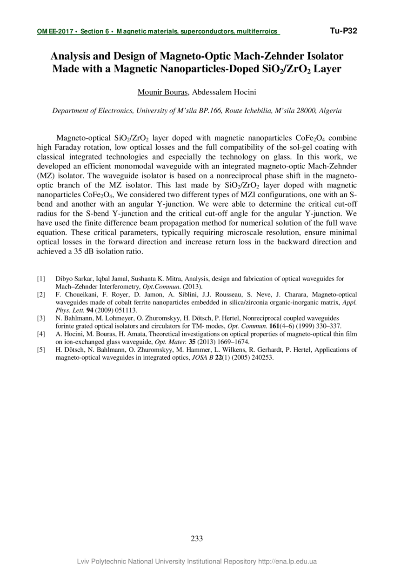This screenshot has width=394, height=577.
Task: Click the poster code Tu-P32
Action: (x=343, y=31)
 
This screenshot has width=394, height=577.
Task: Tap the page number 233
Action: (x=197, y=539)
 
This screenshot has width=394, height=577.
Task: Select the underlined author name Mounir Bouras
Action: (x=162, y=92)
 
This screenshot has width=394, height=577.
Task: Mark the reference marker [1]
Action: (x=41, y=279)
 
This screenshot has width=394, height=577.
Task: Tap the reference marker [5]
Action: (x=41, y=349)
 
